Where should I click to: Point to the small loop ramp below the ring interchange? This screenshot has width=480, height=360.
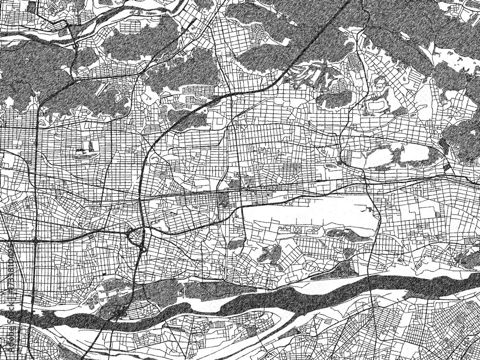(143, 249)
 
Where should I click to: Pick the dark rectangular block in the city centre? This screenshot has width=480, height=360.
(224, 198)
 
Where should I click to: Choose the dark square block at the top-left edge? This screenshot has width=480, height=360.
(32, 7)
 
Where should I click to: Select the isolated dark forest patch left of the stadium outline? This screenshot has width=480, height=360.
(336, 99)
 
